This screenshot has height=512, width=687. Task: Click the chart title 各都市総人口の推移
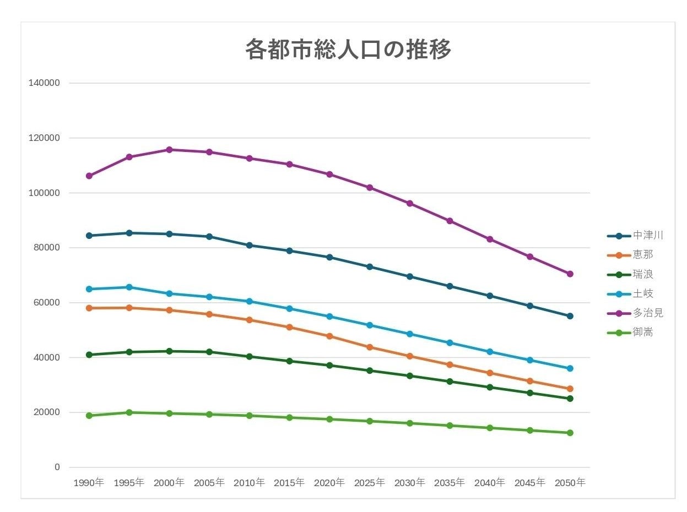tap(348, 50)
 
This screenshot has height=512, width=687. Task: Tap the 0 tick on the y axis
tap(57, 467)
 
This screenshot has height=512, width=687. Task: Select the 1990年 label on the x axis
tap(89, 483)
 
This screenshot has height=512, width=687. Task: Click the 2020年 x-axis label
tap(329, 483)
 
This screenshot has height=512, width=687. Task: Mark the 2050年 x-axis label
tap(570, 483)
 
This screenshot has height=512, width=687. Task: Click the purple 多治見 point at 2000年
tap(169, 150)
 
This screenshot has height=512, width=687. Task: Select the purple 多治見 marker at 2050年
tap(570, 274)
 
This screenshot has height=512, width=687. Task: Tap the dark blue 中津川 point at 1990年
tap(89, 236)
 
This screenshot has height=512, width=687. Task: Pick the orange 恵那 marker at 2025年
tap(370, 347)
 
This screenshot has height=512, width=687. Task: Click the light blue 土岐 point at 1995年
tap(129, 287)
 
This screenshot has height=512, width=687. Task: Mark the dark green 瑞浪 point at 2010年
tap(250, 357)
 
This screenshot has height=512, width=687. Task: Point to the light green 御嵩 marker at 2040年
tap(490, 428)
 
